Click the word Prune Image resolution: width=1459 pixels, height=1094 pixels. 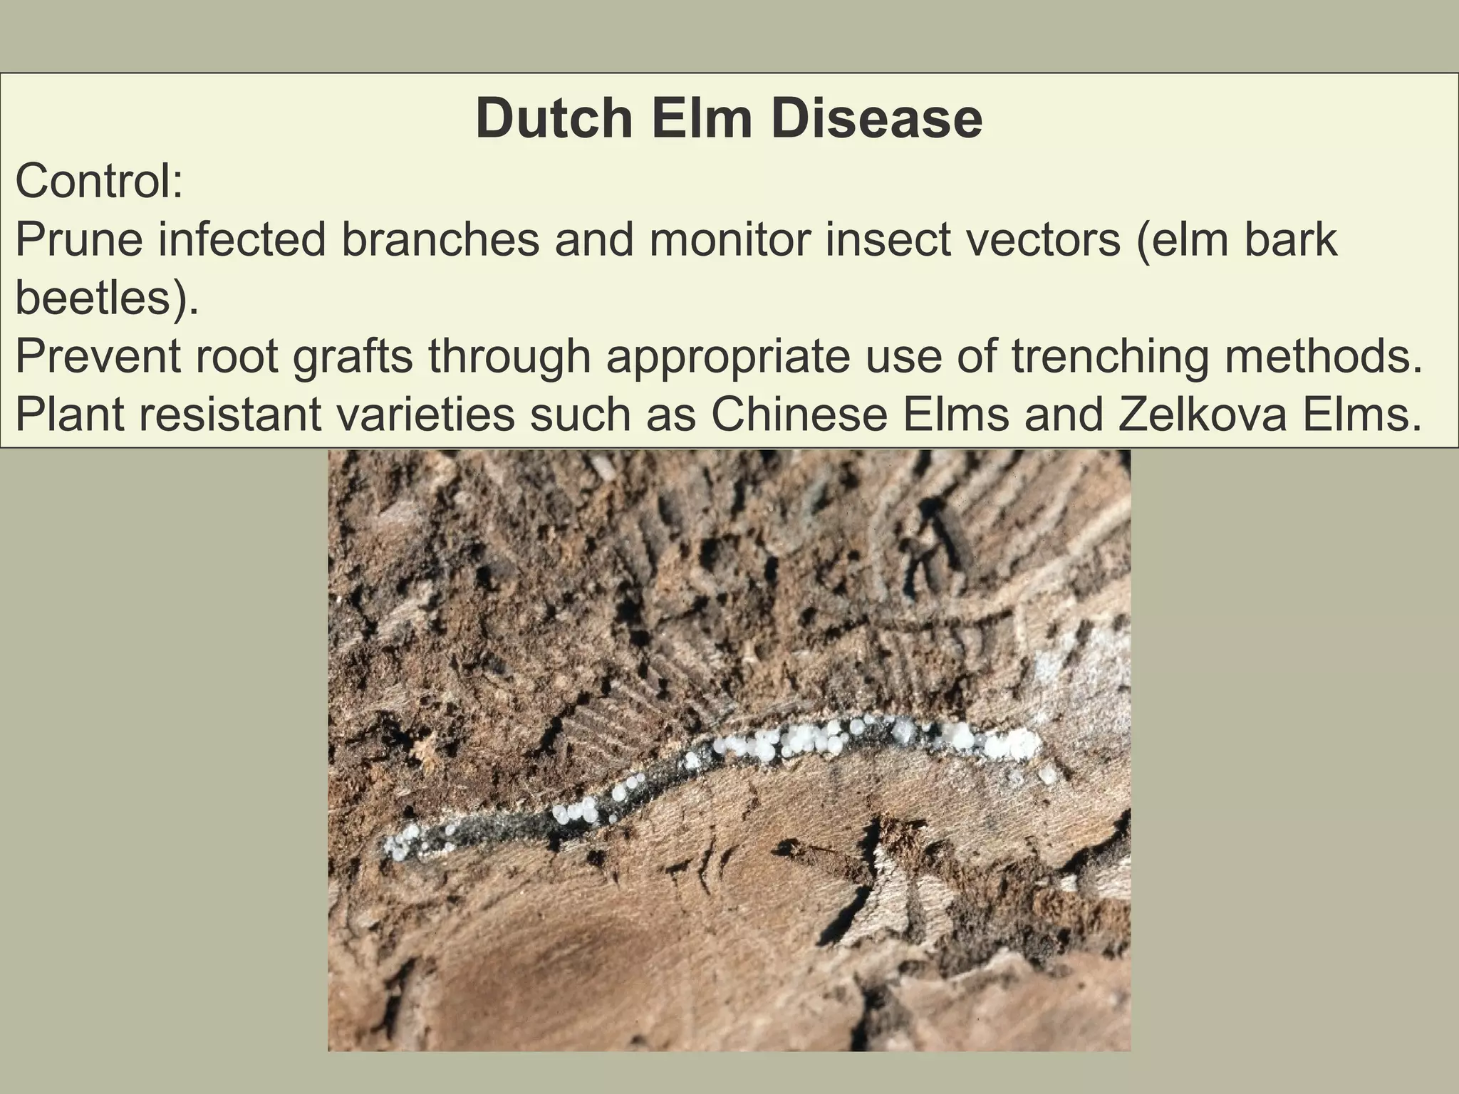pyautogui.click(x=79, y=240)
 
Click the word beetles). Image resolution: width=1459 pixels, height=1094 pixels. pyautogui.click(x=106, y=298)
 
